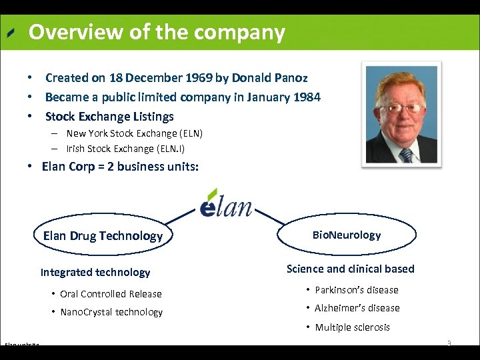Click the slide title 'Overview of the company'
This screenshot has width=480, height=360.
pos(157,32)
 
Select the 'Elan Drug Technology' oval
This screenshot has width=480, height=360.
pos(103,235)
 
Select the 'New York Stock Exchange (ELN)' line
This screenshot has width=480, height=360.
pos(134,133)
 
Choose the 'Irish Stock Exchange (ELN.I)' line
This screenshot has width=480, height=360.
pos(124,148)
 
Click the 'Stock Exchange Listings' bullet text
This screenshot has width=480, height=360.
pos(109,117)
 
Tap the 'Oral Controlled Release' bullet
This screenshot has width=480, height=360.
pos(111,294)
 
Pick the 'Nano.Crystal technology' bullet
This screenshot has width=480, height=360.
pos(111,312)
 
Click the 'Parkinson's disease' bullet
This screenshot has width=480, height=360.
pos(357,290)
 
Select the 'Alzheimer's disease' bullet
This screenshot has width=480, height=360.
pos(357,308)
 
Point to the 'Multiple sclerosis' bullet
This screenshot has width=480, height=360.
pos(352,327)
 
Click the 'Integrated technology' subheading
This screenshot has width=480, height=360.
pos(95,272)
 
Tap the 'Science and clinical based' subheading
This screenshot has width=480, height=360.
pos(351,269)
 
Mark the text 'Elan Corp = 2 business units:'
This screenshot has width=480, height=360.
pos(120,167)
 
